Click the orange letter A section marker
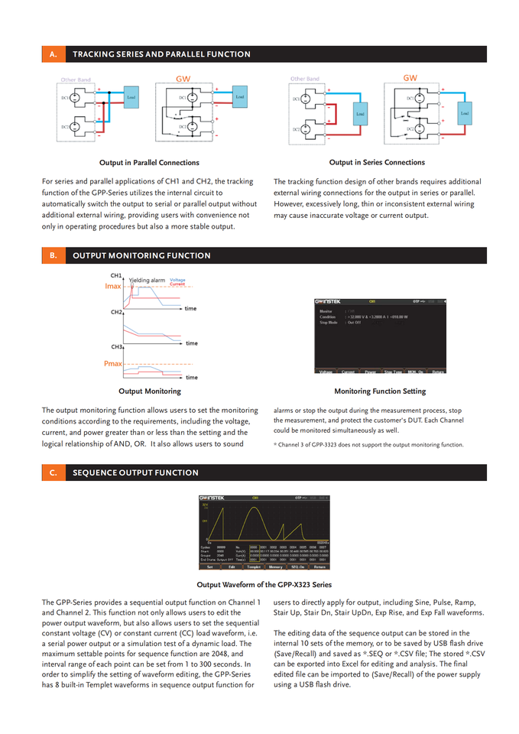53,54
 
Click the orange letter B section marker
53,255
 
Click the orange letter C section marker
53,473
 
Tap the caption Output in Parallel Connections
149,162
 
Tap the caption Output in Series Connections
377,162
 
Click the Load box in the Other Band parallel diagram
131,98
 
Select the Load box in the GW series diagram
464,113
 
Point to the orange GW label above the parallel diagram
183,79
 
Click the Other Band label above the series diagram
304,79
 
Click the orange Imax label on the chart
113,286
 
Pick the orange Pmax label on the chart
113,364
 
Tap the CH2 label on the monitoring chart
116,312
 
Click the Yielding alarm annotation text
147,281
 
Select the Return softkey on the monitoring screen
438,372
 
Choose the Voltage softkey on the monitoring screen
326,372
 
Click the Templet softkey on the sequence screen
254,567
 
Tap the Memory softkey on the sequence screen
275,567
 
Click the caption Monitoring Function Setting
380,391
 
